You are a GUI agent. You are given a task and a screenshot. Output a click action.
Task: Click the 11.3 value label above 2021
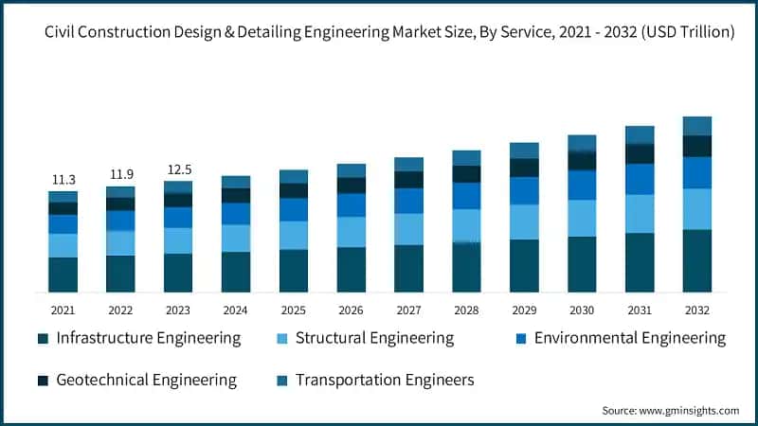63,180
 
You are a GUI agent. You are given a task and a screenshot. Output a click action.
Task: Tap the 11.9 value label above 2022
120,174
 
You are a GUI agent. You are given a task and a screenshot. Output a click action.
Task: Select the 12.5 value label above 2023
178,169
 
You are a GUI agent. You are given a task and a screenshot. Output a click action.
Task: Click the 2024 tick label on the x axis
236,310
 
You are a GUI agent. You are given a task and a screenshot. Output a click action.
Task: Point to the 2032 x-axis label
696,310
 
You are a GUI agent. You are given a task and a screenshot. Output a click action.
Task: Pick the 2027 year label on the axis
408,310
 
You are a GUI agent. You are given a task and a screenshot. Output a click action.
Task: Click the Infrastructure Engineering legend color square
43,339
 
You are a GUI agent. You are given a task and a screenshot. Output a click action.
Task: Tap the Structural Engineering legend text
374,338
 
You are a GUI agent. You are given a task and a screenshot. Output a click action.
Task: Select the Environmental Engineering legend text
630,338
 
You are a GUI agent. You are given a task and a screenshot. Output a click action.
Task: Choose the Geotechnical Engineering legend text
146,380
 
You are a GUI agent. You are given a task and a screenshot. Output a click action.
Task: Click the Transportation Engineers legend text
385,380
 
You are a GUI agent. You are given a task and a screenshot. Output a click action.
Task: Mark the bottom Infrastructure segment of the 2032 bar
696,260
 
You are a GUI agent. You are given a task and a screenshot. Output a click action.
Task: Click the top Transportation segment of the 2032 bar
696,126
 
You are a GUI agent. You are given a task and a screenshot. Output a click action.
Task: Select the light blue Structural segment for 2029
524,222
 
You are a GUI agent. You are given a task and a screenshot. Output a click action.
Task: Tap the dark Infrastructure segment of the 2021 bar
63,275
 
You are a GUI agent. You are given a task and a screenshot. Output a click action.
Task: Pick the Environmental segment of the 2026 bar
352,205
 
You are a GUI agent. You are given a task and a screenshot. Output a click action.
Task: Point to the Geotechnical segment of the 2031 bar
640,153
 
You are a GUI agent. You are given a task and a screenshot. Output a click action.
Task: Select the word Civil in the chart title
63,32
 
